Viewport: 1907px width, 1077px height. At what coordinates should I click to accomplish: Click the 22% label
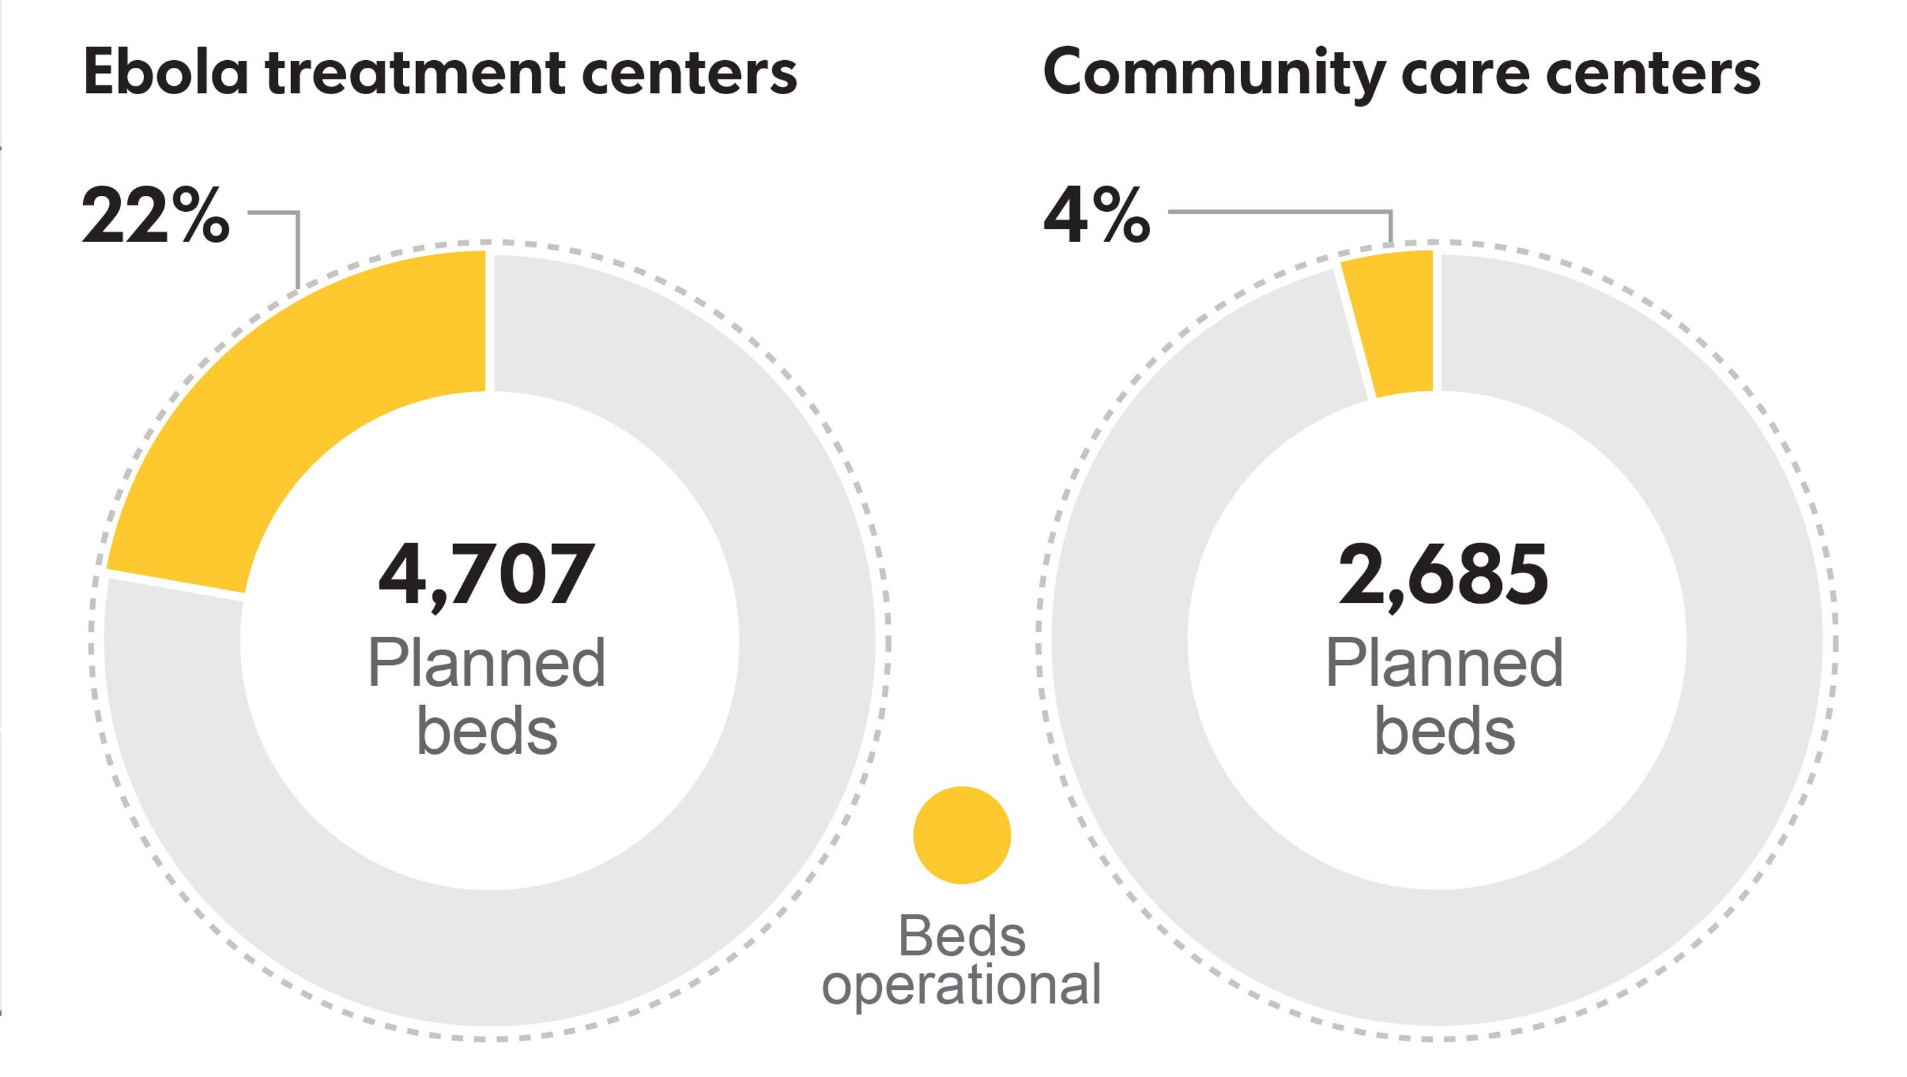tap(156, 216)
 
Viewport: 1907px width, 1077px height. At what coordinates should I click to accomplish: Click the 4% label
tap(1096, 216)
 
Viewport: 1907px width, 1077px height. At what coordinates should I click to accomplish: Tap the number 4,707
tap(486, 575)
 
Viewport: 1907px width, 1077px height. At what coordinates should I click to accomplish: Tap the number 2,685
tap(1444, 575)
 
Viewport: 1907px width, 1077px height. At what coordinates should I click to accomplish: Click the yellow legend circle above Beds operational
tap(962, 835)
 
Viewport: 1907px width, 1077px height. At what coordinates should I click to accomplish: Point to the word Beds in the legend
tap(962, 936)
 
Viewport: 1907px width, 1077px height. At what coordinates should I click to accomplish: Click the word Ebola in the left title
tap(166, 72)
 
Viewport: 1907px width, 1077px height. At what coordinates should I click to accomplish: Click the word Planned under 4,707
tap(486, 663)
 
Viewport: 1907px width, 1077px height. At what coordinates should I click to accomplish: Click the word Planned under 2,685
tap(1444, 663)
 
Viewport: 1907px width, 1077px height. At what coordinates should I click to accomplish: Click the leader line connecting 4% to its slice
tap(1281, 212)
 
